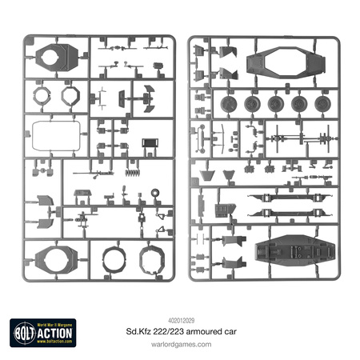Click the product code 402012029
[180, 295]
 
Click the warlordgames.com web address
[180, 322]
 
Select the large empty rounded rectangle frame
[55, 136]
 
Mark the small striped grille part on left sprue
[150, 145]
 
